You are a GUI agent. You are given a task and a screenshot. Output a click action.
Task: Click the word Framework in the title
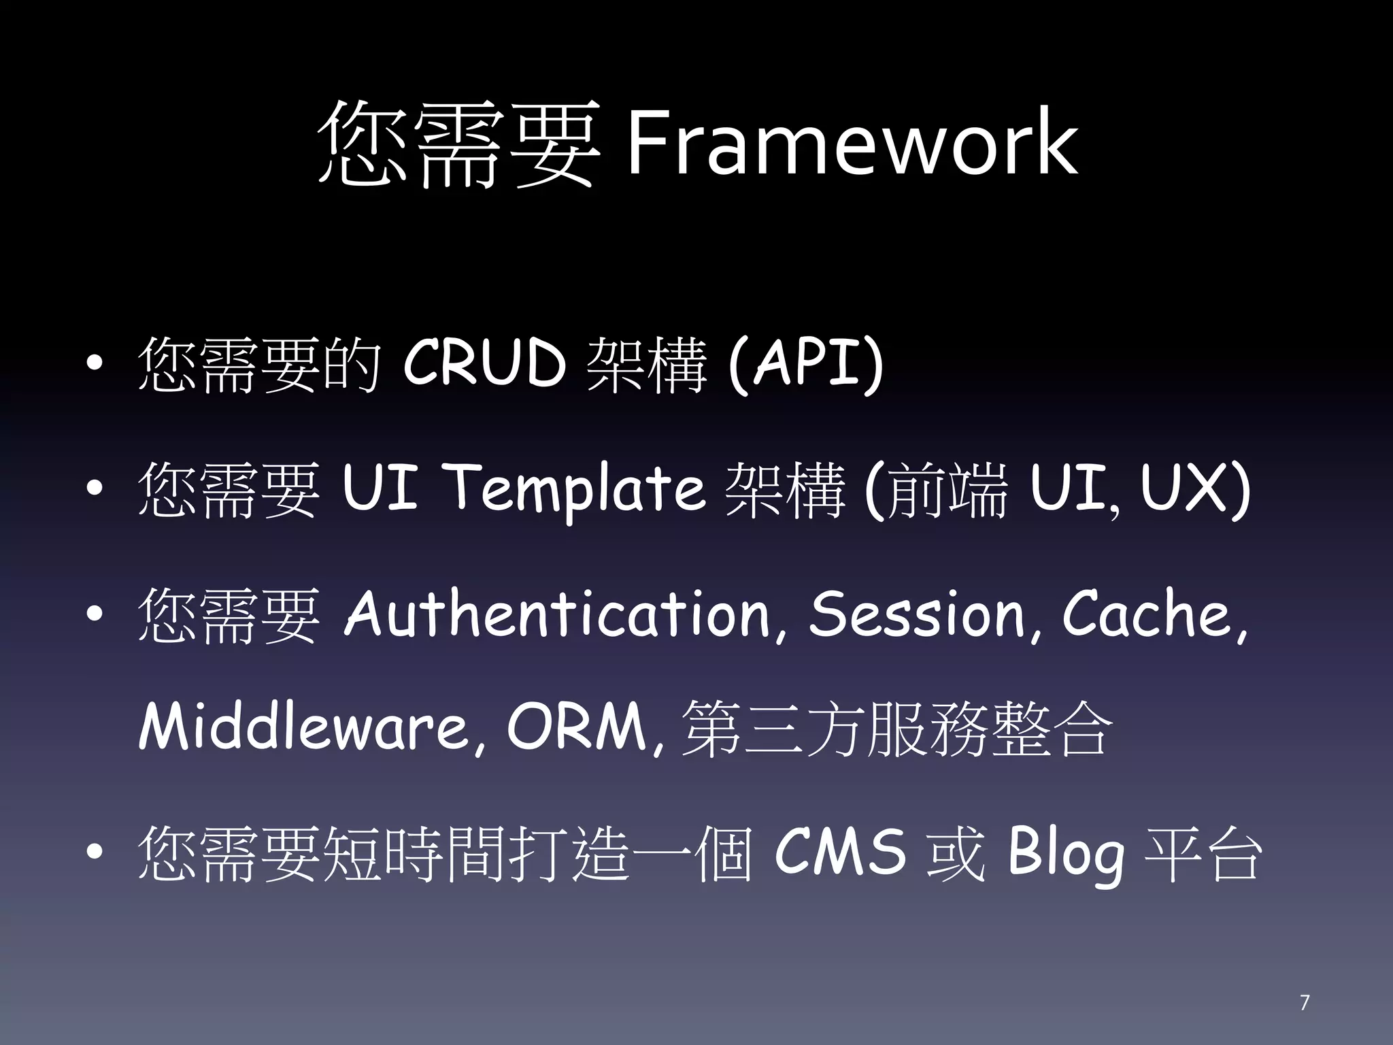point(850,144)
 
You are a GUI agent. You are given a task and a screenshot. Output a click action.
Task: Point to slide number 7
point(1304,1003)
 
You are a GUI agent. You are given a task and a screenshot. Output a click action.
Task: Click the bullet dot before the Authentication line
point(95,615)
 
